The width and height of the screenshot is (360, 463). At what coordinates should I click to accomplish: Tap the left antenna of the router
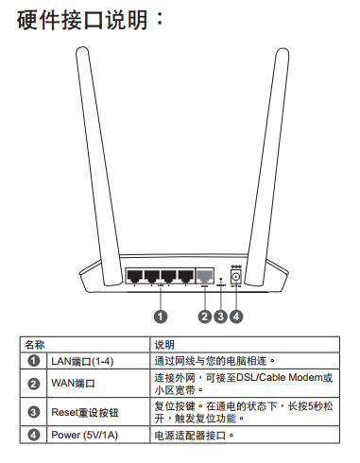pos(99,166)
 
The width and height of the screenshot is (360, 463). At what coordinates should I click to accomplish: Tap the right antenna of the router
pos(266,166)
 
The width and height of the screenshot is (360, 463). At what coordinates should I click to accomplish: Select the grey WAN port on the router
pos(205,276)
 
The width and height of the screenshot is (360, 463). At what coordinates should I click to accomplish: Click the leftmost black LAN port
pos(135,276)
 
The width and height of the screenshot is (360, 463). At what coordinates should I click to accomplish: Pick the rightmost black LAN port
pos(186,276)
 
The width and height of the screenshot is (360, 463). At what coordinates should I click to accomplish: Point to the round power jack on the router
pos(236,278)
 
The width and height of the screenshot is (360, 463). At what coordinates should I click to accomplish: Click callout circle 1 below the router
pos(161,317)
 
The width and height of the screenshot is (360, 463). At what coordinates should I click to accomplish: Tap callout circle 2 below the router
pos(205,317)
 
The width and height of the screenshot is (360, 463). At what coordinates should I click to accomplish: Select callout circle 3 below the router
pos(220,317)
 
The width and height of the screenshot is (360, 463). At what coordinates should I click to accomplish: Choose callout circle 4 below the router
pos(236,317)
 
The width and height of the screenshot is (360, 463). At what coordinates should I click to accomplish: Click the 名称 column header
pos(35,345)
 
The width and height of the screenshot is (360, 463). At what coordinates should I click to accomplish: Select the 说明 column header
pos(164,345)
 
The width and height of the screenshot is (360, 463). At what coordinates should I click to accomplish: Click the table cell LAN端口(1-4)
pos(82,361)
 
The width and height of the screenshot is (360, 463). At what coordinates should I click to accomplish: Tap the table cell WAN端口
pos(73,384)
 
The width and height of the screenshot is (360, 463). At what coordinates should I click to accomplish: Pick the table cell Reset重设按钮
pos(85,412)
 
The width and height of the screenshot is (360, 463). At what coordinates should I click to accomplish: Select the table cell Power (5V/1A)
pos(84,436)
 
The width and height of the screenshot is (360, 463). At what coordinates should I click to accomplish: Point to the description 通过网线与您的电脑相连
pos(214,361)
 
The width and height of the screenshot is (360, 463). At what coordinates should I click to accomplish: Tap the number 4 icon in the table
pos(33,435)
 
